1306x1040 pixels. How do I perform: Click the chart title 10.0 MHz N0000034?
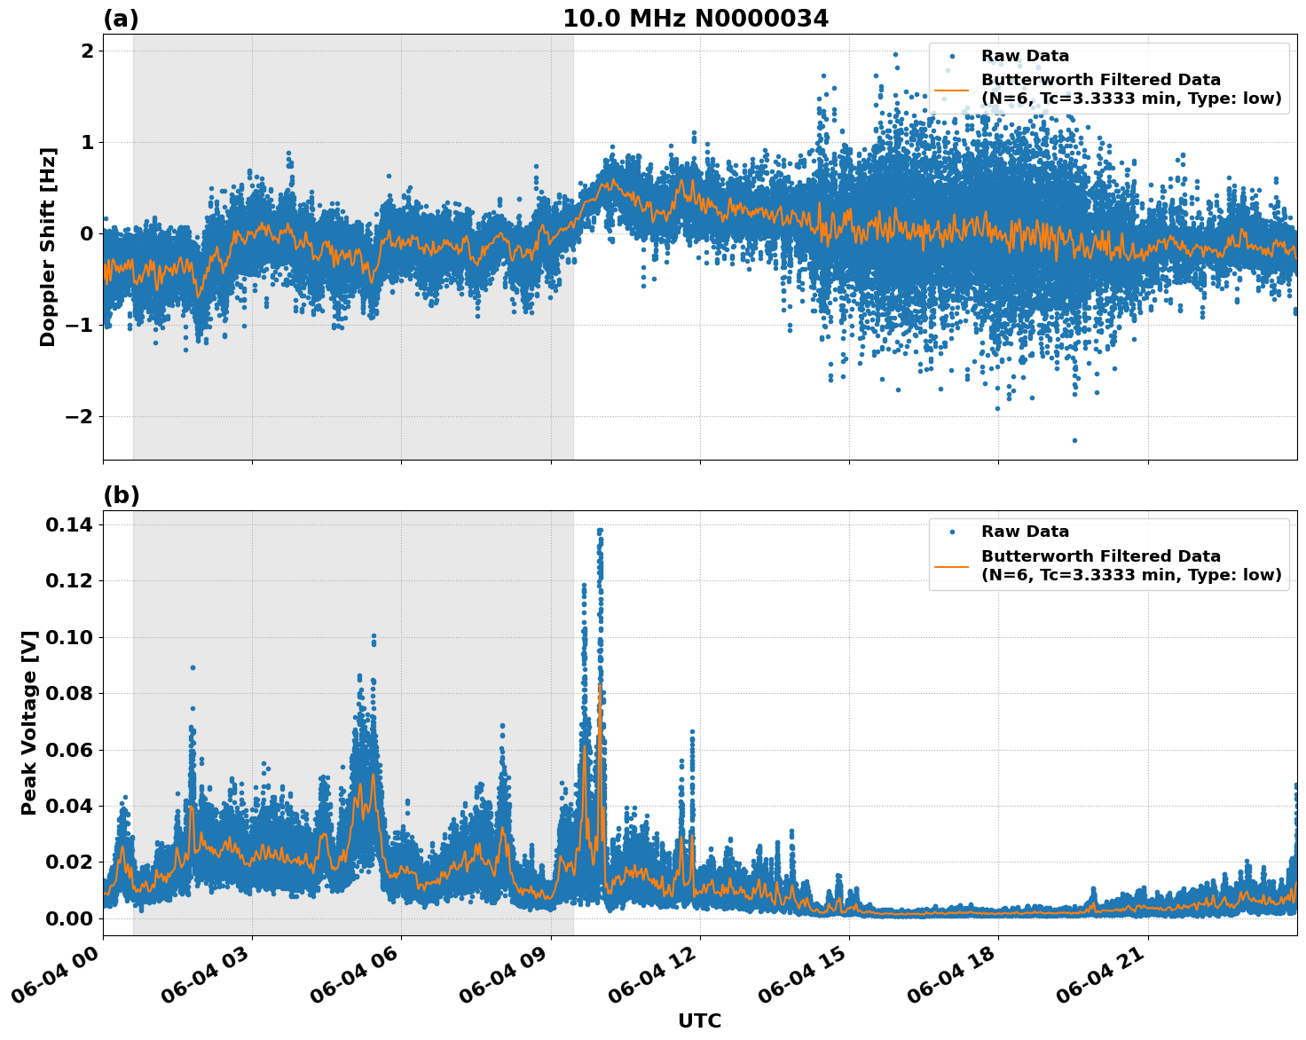click(x=695, y=19)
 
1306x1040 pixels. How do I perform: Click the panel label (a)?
click(x=121, y=19)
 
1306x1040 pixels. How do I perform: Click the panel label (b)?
click(x=121, y=495)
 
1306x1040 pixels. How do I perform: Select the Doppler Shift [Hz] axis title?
click(x=48, y=247)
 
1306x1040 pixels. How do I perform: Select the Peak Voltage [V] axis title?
click(x=29, y=722)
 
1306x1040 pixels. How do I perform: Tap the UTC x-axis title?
click(x=699, y=1020)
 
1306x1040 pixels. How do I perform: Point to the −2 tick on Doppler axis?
click(x=81, y=417)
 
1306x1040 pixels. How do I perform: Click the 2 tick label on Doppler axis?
click(x=87, y=51)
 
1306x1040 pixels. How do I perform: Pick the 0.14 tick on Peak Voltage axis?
click(x=68, y=525)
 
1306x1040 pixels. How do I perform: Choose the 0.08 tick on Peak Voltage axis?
click(x=68, y=694)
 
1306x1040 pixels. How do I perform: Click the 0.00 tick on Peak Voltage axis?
click(x=68, y=918)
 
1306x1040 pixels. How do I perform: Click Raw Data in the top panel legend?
click(x=1025, y=56)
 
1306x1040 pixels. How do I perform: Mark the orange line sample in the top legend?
click(x=952, y=90)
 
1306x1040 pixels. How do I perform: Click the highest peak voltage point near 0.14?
click(x=600, y=531)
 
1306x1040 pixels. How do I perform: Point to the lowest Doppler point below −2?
click(x=1074, y=440)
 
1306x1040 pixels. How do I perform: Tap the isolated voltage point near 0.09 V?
click(x=193, y=667)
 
